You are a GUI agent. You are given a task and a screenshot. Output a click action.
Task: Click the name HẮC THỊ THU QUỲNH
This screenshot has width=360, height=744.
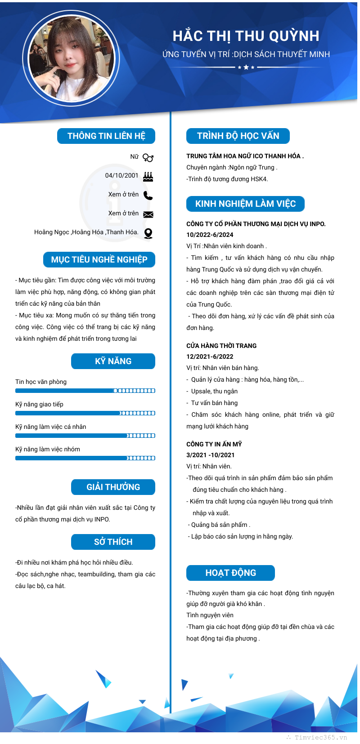click(246, 36)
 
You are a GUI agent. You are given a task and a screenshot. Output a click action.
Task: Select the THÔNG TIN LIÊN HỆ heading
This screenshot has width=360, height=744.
click(106, 136)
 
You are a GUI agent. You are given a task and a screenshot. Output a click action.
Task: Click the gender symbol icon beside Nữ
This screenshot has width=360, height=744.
click(148, 157)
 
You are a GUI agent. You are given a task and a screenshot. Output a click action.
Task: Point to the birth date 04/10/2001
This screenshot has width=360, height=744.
click(121, 175)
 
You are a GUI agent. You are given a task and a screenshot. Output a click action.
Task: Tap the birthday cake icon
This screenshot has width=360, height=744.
click(148, 176)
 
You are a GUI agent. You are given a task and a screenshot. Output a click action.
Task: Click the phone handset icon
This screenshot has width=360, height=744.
click(148, 195)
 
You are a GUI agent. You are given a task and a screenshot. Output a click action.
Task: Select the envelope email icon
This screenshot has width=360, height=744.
click(148, 214)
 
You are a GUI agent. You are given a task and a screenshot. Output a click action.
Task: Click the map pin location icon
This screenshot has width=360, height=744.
click(148, 233)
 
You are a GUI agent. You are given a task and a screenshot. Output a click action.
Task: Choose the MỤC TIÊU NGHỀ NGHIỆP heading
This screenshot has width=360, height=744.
click(99, 259)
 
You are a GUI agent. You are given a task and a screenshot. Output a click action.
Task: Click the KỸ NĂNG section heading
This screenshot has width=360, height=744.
click(113, 361)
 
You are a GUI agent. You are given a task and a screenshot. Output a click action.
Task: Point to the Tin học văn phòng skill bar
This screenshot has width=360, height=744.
click(85, 391)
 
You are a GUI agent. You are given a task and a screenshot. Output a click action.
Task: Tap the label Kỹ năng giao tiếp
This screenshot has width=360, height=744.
click(39, 404)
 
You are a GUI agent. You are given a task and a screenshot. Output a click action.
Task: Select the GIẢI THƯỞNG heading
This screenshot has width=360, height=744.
click(113, 487)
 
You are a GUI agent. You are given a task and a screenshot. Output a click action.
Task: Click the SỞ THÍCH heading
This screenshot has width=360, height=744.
click(113, 542)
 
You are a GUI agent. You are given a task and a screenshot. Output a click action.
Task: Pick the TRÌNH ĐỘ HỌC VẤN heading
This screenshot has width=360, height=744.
click(238, 136)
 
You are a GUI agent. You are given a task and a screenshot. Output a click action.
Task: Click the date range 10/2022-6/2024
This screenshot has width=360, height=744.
click(210, 235)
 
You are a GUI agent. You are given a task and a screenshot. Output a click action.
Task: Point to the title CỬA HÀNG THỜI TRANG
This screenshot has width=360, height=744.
click(221, 346)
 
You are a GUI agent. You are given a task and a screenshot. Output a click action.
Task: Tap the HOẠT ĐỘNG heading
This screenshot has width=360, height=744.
click(230, 573)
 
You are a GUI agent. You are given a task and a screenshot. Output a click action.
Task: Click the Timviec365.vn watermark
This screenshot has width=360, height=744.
click(320, 737)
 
